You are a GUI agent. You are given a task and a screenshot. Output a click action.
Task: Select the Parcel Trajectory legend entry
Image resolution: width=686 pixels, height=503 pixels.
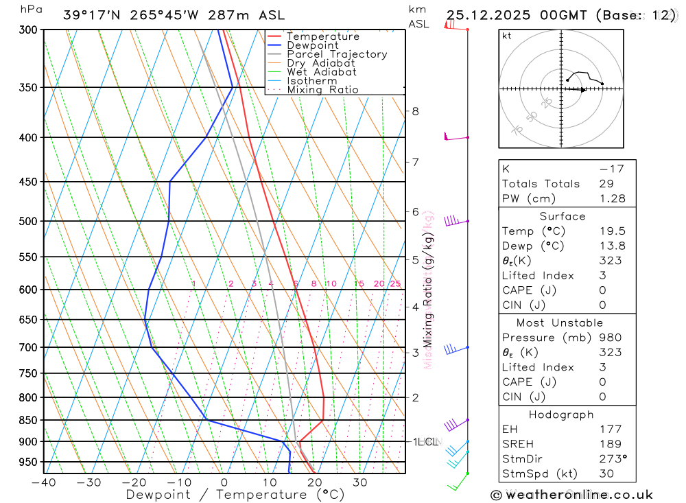pyautogui.click(x=337, y=54)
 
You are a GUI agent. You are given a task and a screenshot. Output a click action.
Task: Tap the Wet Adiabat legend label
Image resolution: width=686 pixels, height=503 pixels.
pyautogui.click(x=322, y=72)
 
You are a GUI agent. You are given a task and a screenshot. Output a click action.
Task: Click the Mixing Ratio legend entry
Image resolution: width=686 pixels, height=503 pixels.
pyautogui.click(x=322, y=90)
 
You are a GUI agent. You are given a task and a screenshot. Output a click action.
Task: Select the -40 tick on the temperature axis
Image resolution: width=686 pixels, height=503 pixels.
pyautogui.click(x=43, y=482)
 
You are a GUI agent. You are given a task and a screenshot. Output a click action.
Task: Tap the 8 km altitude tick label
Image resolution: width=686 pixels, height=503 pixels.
pyautogui.click(x=415, y=111)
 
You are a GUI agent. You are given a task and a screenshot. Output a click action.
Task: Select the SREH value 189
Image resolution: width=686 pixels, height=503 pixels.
pyautogui.click(x=610, y=444)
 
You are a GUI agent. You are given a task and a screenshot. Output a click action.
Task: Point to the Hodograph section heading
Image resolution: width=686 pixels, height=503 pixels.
pyautogui.click(x=562, y=414)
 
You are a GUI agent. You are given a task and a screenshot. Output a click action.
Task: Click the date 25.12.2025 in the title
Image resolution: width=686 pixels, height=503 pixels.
pyautogui.click(x=489, y=15)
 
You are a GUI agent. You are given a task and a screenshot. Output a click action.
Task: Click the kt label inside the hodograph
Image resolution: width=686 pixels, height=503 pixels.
pyautogui.click(x=506, y=36)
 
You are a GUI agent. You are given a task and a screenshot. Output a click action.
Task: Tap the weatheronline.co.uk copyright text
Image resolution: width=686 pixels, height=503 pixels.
pyautogui.click(x=571, y=495)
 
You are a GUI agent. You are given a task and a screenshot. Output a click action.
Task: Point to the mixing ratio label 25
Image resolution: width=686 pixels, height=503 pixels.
pyautogui.click(x=395, y=284)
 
